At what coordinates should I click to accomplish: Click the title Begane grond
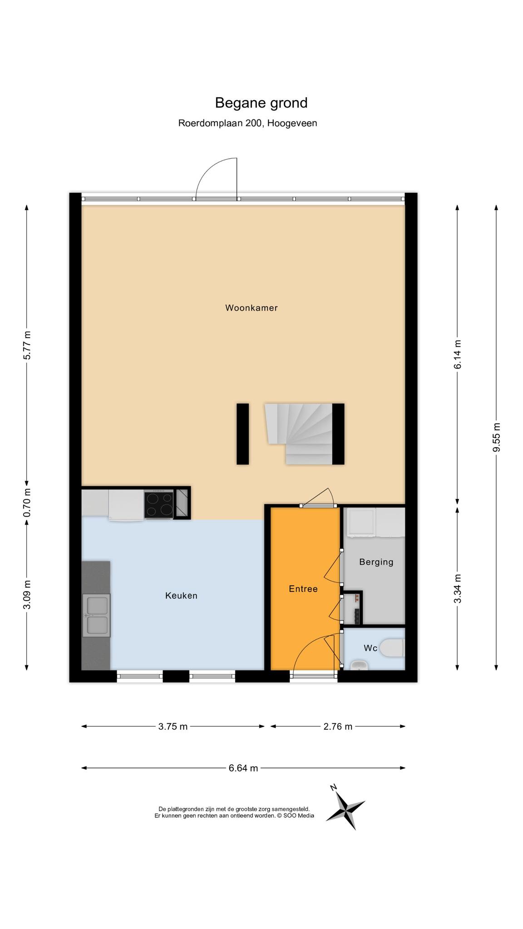(261, 103)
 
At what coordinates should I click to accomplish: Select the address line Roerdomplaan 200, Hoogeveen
(247, 123)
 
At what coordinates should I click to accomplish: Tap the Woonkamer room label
(252, 308)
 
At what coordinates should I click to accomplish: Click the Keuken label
(181, 596)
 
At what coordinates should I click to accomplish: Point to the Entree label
(303, 589)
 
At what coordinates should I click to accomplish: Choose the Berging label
(376, 562)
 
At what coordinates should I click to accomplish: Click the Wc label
(370, 648)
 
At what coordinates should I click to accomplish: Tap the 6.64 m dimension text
(243, 768)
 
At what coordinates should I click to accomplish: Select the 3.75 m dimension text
(173, 726)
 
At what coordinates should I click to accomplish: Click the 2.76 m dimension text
(338, 726)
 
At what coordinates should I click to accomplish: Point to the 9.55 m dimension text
(497, 437)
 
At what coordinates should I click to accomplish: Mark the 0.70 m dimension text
(27, 502)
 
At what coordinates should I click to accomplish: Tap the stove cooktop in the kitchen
(159, 504)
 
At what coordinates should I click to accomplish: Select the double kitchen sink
(96, 616)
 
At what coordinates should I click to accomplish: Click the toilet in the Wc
(392, 648)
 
